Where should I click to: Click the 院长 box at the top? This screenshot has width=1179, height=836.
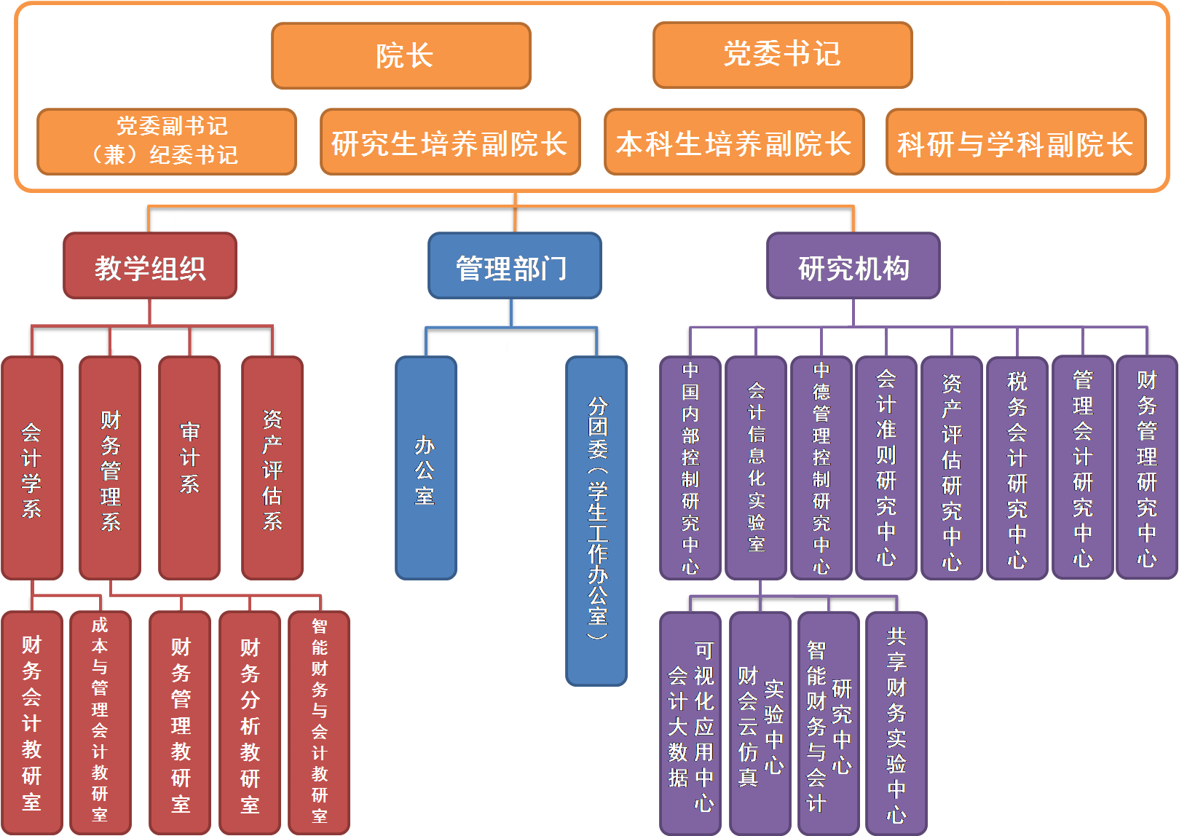click(401, 56)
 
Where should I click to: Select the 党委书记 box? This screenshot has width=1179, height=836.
click(783, 55)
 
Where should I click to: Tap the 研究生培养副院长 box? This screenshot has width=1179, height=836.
click(450, 143)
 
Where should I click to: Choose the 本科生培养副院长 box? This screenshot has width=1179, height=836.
click(734, 143)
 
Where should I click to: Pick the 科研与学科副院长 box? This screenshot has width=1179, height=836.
click(1016, 143)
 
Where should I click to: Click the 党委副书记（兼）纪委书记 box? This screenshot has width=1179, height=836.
click(167, 142)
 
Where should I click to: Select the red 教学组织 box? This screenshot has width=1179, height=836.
click(150, 267)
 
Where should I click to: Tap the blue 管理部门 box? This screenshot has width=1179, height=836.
click(515, 267)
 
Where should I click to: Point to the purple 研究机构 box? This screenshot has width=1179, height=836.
click(853, 267)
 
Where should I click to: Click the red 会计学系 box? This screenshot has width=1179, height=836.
click(32, 468)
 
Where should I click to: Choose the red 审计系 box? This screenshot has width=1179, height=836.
click(189, 468)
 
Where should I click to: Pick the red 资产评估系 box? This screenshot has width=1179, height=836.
click(272, 468)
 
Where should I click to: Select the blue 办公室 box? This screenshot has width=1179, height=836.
click(426, 468)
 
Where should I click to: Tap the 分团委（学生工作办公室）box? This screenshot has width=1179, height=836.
click(596, 521)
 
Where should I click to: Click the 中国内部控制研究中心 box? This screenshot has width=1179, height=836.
click(690, 468)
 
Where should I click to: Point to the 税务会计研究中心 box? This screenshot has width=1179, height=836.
click(1017, 468)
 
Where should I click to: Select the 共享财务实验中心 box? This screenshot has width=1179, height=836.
click(896, 723)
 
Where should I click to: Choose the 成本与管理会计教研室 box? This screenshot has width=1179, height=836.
click(100, 722)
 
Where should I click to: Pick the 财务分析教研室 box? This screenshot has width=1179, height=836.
click(250, 723)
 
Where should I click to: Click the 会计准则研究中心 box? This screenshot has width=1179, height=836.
click(886, 468)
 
